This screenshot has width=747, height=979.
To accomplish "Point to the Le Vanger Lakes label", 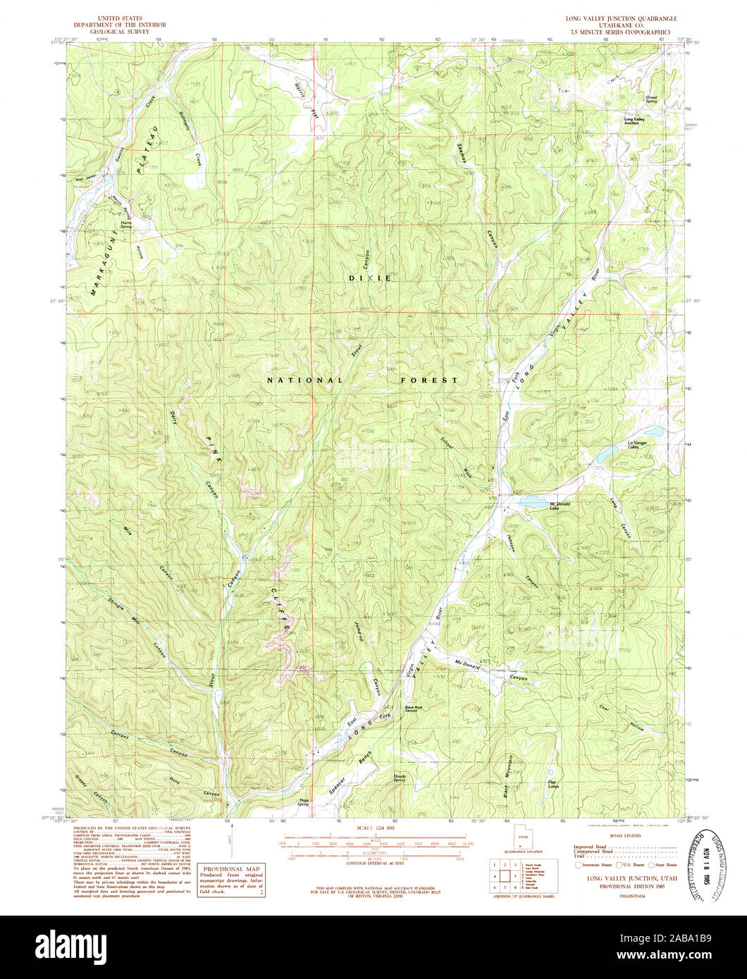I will point(632,444).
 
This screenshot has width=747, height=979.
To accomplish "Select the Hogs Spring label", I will point(304,802).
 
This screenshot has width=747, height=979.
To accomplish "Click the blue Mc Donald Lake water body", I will point(530,501).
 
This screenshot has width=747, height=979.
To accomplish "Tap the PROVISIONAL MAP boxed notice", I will point(230,880).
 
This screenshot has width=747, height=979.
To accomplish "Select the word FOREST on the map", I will point(430,380).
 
